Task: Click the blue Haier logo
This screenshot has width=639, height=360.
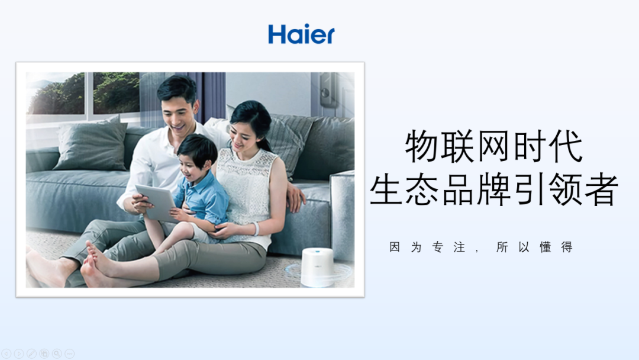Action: (x=301, y=34)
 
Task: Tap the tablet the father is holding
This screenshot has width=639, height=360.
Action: (x=155, y=201)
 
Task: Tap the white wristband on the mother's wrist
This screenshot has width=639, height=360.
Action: (x=256, y=229)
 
